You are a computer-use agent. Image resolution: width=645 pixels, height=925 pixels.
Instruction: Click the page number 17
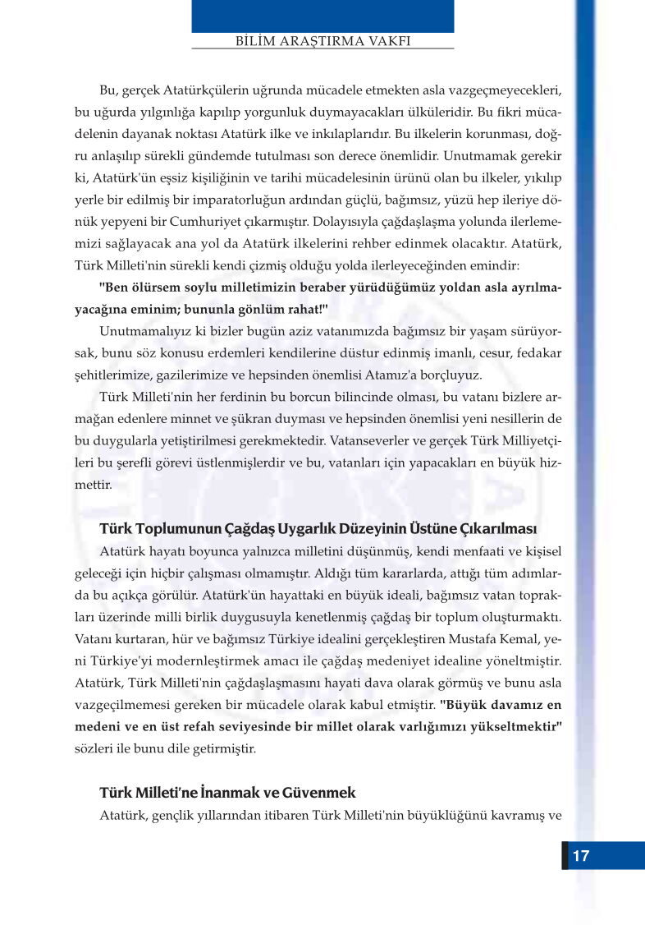pyautogui.click(x=580, y=855)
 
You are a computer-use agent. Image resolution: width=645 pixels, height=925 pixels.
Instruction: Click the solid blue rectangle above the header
pyautogui.click(x=322, y=16)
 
